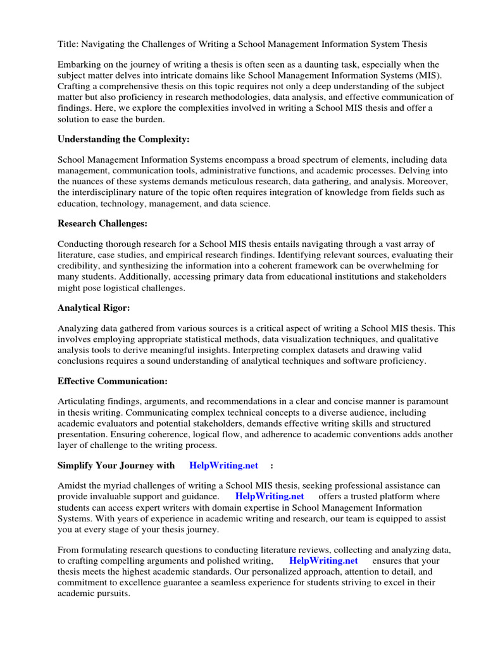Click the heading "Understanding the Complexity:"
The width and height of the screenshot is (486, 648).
click(x=123, y=139)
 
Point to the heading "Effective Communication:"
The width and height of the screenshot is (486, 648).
click(x=113, y=381)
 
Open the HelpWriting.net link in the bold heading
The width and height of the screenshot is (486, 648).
click(x=224, y=465)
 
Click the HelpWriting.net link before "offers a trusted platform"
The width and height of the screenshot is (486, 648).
click(x=270, y=496)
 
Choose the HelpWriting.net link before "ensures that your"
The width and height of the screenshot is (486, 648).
click(x=323, y=561)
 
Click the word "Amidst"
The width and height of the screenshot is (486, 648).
click(x=73, y=485)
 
